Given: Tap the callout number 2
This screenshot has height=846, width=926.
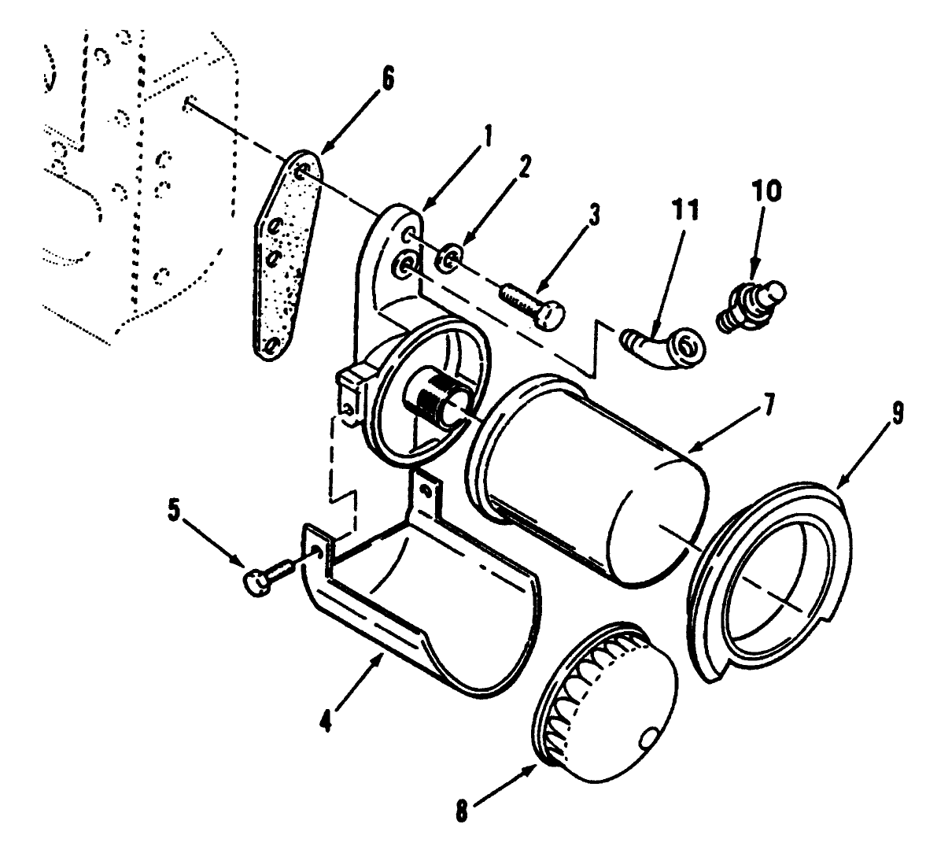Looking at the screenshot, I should coord(526,167).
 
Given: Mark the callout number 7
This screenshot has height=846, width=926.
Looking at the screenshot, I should coord(769,405).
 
